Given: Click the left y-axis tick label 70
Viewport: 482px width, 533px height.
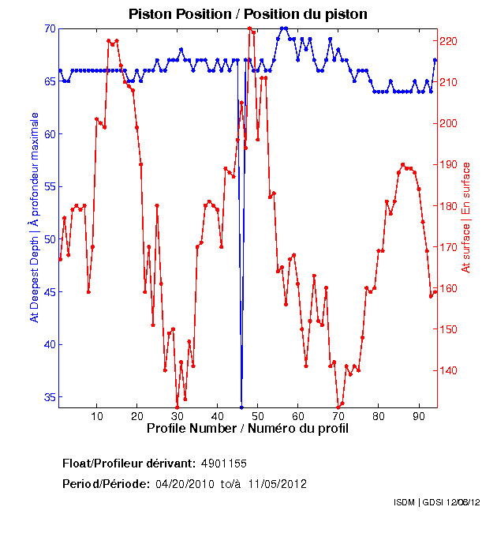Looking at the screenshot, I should (x=50, y=28).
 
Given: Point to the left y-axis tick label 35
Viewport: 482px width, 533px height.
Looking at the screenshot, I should (x=50, y=397).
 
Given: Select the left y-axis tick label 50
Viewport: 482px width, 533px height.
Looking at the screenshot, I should (x=50, y=239).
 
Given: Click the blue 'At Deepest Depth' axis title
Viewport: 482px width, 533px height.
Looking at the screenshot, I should (x=34, y=217).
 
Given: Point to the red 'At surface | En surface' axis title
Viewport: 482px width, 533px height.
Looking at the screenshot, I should (x=466, y=217).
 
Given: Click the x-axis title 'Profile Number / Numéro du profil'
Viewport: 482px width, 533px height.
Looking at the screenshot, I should (x=247, y=428).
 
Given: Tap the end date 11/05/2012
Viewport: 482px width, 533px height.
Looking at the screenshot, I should (x=276, y=483).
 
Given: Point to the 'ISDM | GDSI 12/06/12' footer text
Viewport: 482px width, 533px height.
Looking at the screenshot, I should (x=435, y=502).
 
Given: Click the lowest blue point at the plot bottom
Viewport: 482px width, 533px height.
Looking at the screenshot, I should (x=241, y=407).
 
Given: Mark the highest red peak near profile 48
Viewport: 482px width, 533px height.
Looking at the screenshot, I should (x=249, y=28).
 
